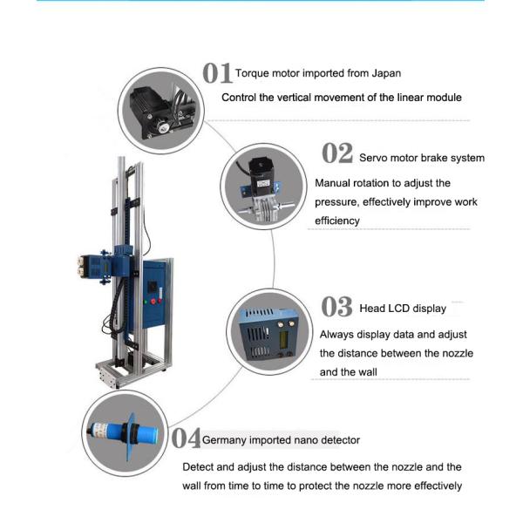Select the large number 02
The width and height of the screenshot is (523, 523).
click(x=336, y=154)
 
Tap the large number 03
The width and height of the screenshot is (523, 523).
click(x=336, y=307)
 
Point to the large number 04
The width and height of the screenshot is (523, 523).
click(x=185, y=438)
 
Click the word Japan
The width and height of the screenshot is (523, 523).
click(x=384, y=73)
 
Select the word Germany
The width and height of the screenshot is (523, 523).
click(x=228, y=440)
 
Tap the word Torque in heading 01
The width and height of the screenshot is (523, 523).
click(x=252, y=73)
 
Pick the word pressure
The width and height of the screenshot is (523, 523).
click(x=336, y=201)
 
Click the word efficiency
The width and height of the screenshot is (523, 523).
click(x=336, y=221)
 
